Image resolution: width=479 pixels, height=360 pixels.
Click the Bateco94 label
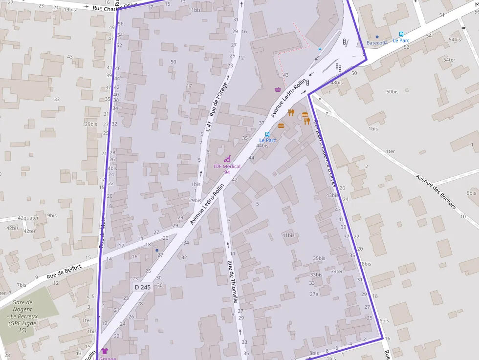[x=377, y=43]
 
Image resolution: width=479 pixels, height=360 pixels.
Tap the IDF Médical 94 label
[x=227, y=169]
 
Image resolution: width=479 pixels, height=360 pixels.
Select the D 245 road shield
[x=142, y=287]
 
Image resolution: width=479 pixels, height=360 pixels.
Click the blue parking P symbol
[x=320, y=49]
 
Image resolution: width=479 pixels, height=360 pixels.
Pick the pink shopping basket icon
[x=278, y=89]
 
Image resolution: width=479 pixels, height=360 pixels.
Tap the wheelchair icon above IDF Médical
[x=227, y=159]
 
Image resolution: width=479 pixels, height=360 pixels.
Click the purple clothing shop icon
[x=104, y=351]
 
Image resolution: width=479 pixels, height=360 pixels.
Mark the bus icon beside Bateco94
[x=401, y=34]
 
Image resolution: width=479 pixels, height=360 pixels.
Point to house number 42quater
[x=28, y=218]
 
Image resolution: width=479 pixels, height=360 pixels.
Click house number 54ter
[x=449, y=60]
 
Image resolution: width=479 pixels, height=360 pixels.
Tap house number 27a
[x=314, y=294]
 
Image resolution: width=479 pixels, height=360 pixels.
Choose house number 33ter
[x=337, y=272]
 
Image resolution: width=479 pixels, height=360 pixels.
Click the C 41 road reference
[x=208, y=127]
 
